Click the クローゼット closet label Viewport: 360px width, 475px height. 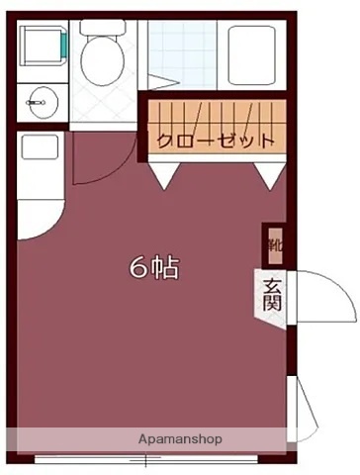pos(214,140)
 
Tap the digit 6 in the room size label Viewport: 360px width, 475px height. pos(139,267)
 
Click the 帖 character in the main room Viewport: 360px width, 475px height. pos(165,267)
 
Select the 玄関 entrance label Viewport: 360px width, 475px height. pos(272,294)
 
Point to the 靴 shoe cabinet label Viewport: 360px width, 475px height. pos(273,241)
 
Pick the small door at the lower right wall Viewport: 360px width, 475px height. pos(303,416)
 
